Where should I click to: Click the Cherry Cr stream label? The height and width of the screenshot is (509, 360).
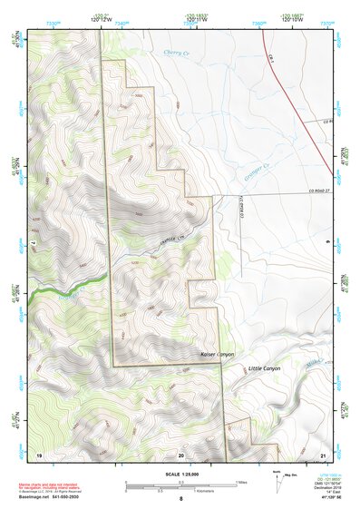179,54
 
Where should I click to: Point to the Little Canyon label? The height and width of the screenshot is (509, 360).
264,368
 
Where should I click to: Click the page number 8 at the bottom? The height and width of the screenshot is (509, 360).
180,499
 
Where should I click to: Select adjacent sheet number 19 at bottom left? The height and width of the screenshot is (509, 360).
39,453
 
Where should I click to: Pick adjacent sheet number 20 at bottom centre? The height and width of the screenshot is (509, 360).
180,453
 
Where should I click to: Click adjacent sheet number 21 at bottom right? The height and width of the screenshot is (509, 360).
321,453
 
